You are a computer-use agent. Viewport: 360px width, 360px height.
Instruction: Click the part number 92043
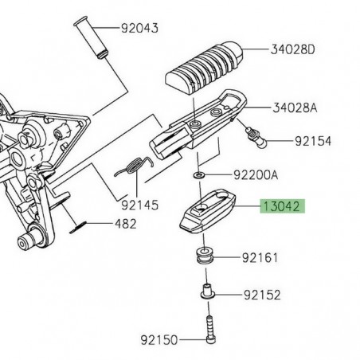pos(139,28)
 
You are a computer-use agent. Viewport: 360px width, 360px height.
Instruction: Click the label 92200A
pos(256,174)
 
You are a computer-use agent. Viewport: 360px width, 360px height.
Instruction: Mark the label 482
pos(127,225)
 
